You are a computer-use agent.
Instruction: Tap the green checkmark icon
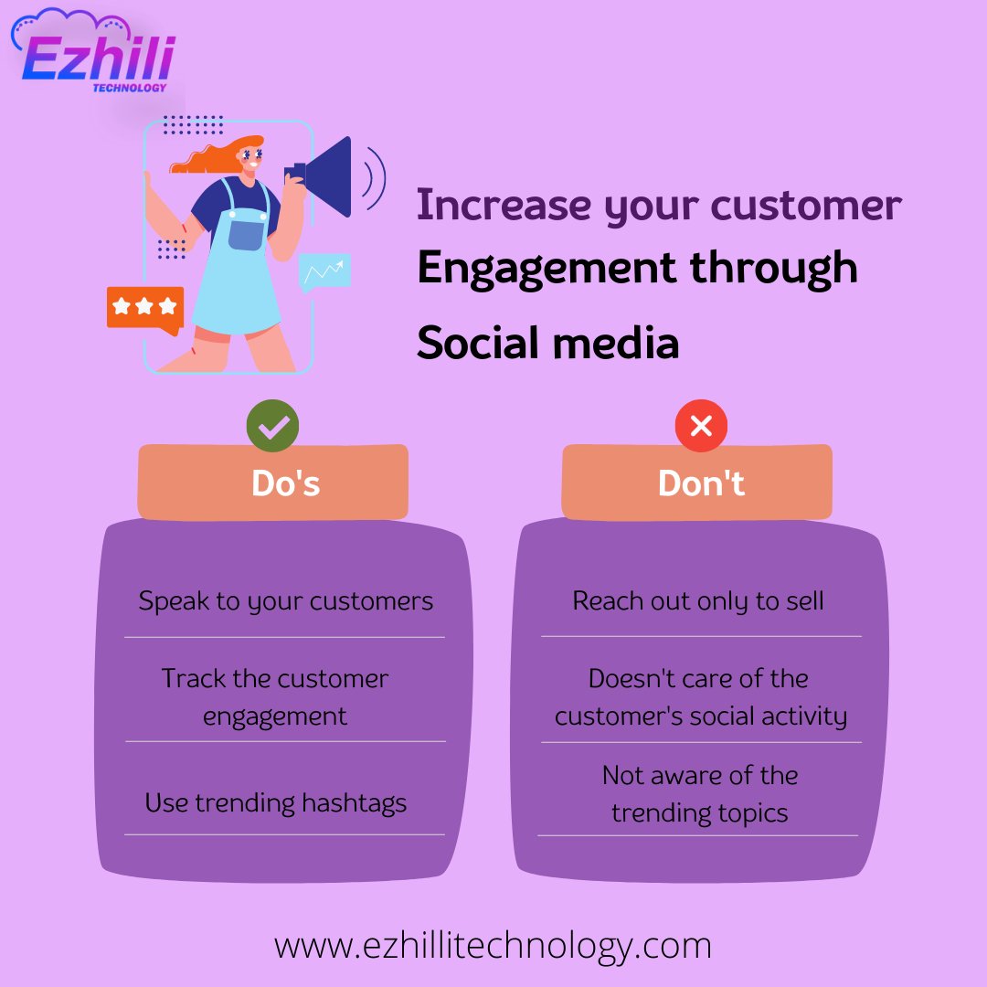272,426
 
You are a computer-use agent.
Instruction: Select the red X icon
701,426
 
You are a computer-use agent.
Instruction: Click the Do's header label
286,483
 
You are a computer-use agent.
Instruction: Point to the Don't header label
701,483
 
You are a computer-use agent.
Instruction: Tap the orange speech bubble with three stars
144,308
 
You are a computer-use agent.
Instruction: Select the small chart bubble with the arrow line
324,271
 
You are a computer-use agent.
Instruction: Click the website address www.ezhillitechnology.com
493,945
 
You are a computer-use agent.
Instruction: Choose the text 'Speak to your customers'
285,601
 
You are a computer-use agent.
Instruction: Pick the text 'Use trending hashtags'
275,803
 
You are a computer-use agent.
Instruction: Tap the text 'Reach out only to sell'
698,601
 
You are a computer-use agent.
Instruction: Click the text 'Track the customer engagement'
275,696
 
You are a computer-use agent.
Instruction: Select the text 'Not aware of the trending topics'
700,793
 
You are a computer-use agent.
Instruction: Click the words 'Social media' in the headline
547,344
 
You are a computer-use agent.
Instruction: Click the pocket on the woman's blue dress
246,233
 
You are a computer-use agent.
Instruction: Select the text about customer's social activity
700,697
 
